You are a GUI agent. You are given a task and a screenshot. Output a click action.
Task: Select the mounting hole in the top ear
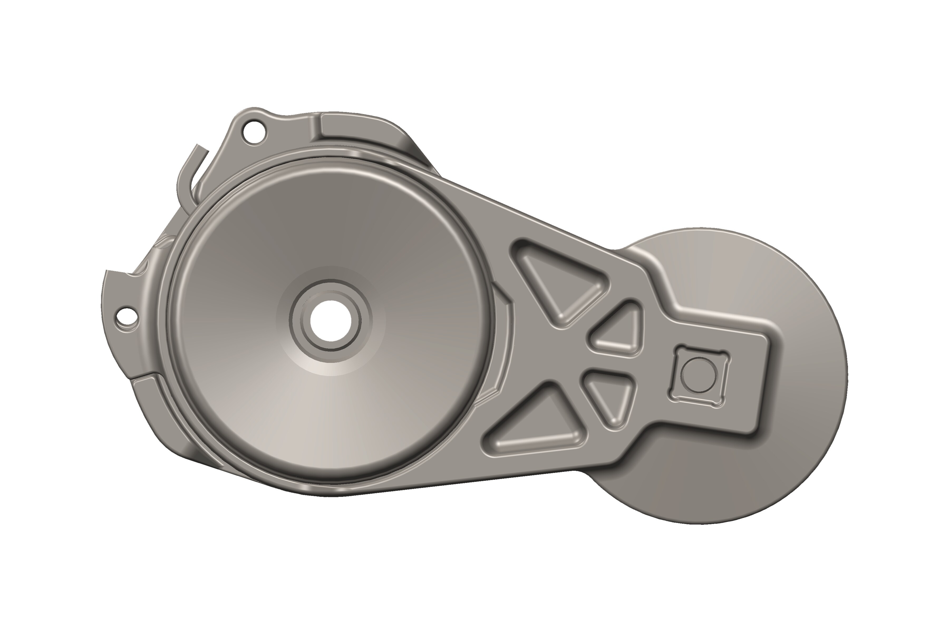[x=255, y=132]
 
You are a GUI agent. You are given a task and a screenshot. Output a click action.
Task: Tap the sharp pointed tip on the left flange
[x=106, y=271]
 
